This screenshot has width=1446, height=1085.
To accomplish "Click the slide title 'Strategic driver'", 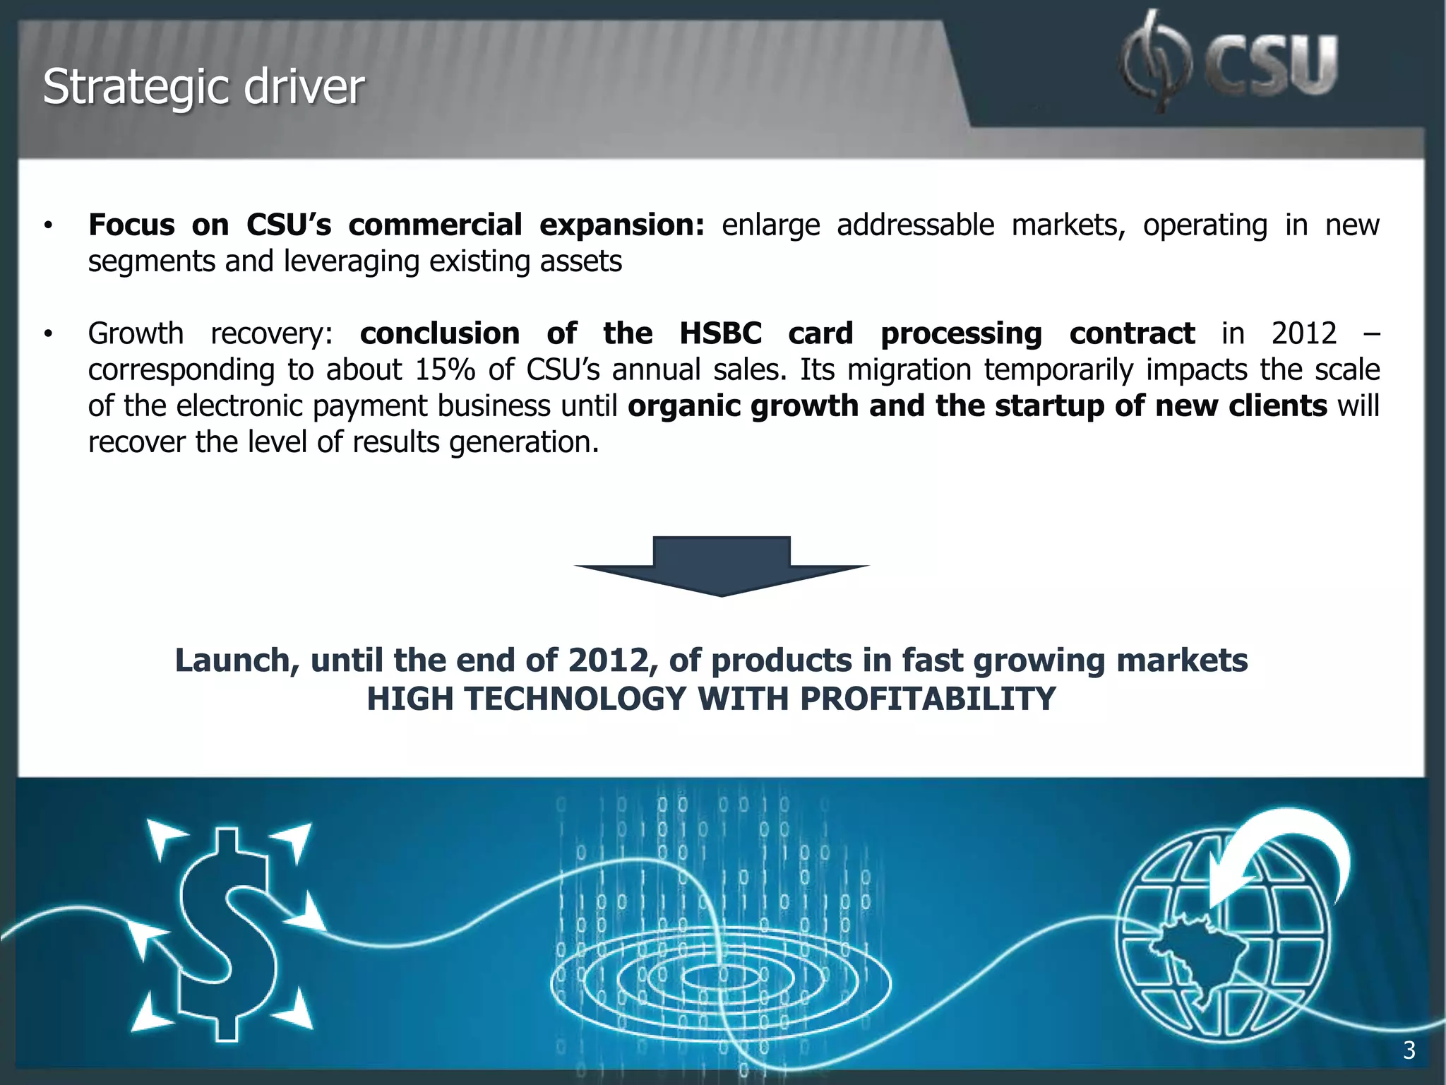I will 203,88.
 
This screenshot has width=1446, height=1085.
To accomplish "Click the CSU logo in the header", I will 1229,64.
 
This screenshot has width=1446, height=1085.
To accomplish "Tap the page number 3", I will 1409,1050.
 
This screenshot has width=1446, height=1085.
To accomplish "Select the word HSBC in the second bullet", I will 720,333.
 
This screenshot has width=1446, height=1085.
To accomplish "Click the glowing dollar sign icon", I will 227,932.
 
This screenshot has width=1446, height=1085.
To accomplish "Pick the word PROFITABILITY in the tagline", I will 928,699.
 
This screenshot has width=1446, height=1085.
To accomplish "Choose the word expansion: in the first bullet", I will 622,225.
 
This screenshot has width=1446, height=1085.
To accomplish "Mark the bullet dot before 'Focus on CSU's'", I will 48,226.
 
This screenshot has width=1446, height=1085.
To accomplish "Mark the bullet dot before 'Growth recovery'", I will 48,334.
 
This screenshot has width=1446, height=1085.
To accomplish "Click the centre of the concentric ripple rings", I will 720,978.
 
